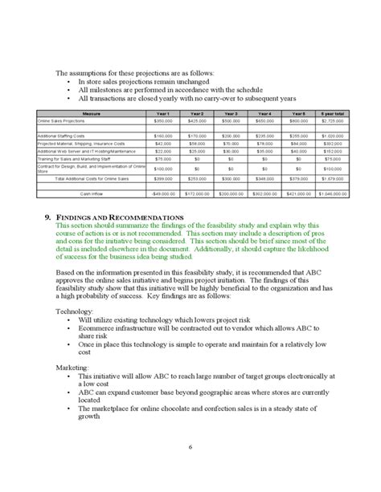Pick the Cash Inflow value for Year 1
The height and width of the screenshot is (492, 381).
click(162, 193)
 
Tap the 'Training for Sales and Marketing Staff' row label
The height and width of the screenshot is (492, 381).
click(77, 159)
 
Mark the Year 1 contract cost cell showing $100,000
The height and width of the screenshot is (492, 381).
click(162, 169)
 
